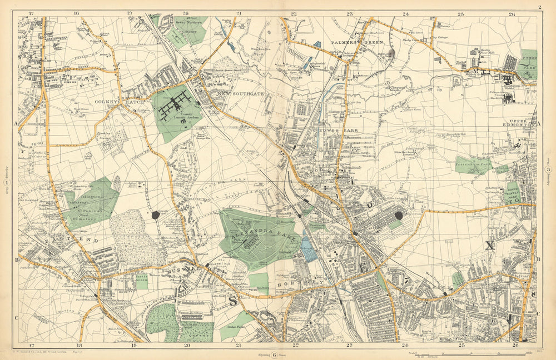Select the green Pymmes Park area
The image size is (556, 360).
(x=528, y=64)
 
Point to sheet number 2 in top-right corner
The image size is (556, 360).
(x=539, y=7)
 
